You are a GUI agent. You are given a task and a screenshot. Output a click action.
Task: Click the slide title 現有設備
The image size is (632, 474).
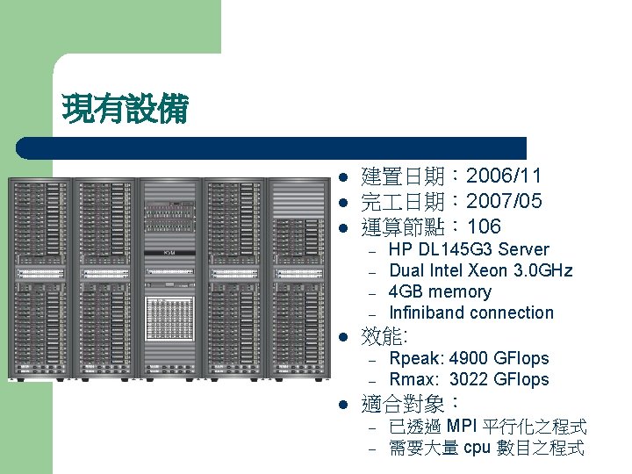click(125, 110)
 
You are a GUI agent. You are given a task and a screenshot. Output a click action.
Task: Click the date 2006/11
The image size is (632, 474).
click(504, 177)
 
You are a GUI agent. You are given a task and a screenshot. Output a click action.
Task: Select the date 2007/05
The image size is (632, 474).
click(504, 202)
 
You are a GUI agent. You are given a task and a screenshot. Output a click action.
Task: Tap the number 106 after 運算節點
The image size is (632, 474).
click(484, 226)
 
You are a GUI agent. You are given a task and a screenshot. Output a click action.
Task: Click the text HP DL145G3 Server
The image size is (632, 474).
click(469, 249)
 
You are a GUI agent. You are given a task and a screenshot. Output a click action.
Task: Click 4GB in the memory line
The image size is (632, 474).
click(406, 291)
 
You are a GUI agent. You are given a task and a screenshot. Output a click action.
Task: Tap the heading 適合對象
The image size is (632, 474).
click(405, 404)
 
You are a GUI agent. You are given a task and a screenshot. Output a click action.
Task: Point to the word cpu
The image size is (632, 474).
click(477, 448)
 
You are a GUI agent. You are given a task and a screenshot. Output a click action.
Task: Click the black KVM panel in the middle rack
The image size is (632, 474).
click(170, 253)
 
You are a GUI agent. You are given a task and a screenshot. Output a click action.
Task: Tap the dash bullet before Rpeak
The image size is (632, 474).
click(372, 360)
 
